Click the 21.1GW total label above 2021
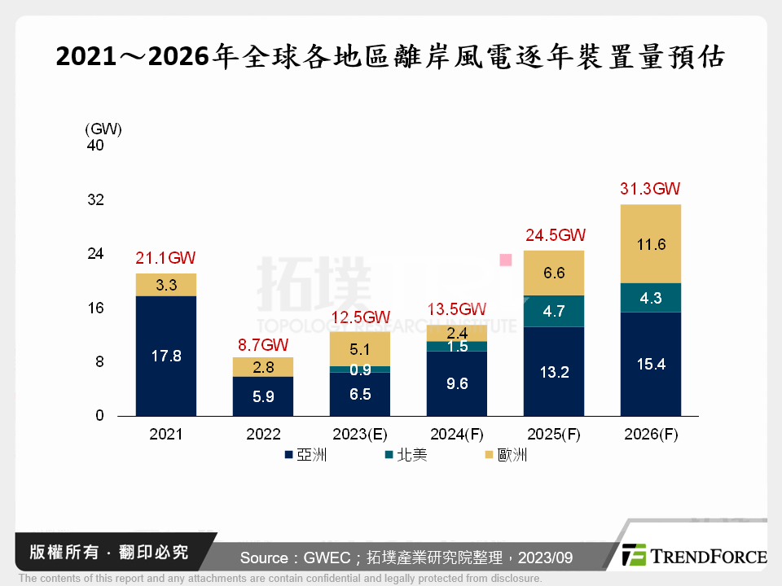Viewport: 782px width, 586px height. click(166, 259)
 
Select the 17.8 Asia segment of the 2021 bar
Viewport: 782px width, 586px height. click(166, 356)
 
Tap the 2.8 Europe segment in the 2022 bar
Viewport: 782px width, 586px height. click(263, 367)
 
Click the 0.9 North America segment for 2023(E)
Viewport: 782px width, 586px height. click(360, 370)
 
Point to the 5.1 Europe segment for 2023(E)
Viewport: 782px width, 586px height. click(360, 349)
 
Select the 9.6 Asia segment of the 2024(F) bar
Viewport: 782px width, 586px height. click(457, 383)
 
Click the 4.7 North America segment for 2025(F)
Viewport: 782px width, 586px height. click(554, 311)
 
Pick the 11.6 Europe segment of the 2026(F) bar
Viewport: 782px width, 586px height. click(650, 243)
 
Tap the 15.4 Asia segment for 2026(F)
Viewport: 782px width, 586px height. click(650, 365)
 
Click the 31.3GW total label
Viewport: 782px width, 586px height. click(650, 190)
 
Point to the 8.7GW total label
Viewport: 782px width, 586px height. click(263, 343)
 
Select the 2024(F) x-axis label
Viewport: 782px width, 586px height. click(457, 435)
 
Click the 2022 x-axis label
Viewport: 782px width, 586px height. click(263, 435)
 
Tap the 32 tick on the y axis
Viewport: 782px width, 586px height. click(95, 200)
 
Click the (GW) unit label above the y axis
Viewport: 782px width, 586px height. click(103, 129)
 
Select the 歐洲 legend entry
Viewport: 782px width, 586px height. click(505, 455)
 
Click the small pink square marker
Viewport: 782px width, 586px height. click(505, 260)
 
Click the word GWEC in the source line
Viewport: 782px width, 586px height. click(326, 558)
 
